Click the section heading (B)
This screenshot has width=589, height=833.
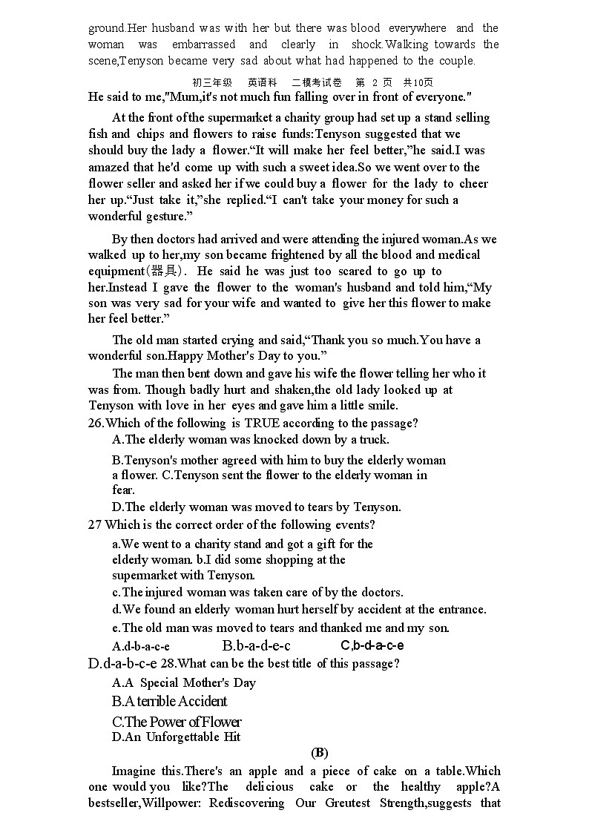pos(319,753)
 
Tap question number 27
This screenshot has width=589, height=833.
pos(94,524)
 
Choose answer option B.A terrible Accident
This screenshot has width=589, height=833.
pos(170,701)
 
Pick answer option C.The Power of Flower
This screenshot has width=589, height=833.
pos(177,721)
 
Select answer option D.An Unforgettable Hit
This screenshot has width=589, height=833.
pos(177,737)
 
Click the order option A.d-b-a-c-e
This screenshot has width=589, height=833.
pos(141,646)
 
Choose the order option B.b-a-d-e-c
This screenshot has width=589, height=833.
pos(256,645)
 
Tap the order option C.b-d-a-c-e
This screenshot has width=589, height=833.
pos(372,645)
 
